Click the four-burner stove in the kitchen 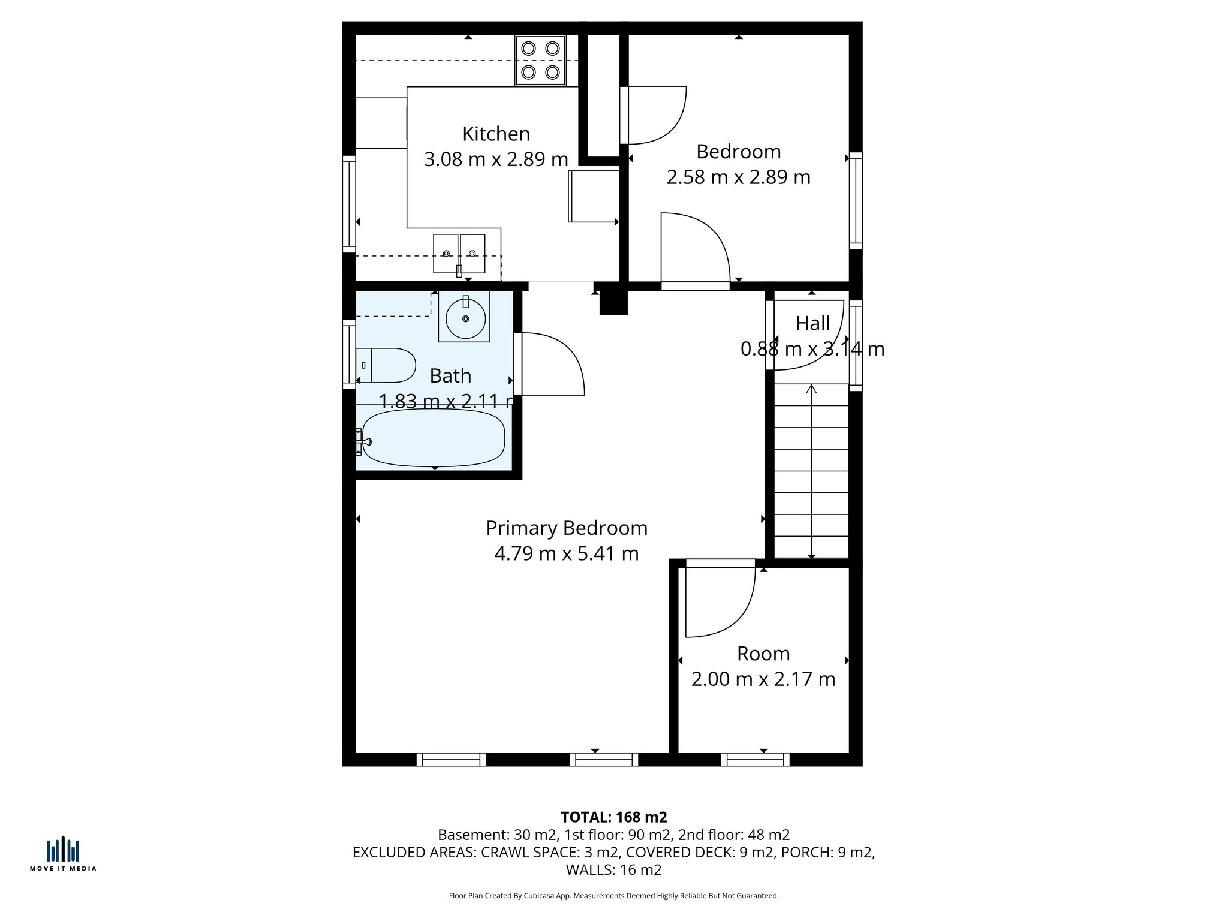coord(540,61)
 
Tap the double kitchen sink coord(459,254)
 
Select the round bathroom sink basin coord(465,318)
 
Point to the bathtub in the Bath coord(433,438)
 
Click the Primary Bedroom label coord(567,528)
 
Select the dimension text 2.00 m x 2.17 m coord(763,679)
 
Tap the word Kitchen coord(496,133)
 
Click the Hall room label coord(812,323)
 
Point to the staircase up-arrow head coord(811,390)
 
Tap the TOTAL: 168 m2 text coord(613,817)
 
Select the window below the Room coord(755,760)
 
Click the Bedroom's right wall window coord(856,200)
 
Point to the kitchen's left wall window coord(349,204)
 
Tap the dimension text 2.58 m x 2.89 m coord(738,177)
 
